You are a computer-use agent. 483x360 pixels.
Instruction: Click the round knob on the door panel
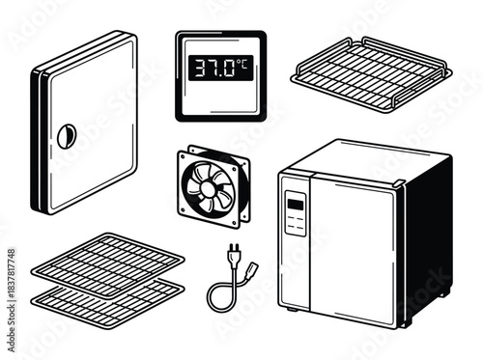coord(66,136)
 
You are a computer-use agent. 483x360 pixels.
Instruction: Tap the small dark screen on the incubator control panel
coord(295,205)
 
